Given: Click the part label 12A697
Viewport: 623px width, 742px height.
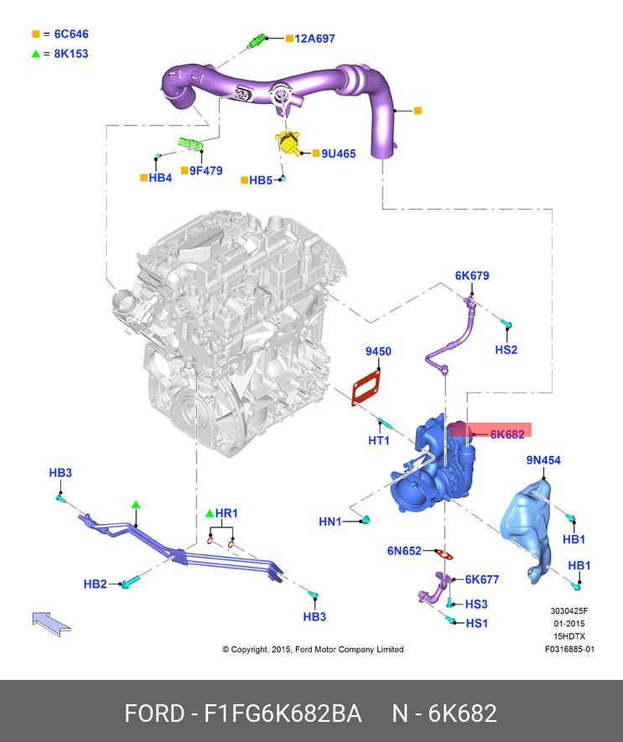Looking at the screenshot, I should pyautogui.click(x=315, y=39).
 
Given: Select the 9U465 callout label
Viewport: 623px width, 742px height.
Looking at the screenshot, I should pyautogui.click(x=339, y=153).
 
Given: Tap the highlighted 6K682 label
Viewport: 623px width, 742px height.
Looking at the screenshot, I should pyautogui.click(x=507, y=433).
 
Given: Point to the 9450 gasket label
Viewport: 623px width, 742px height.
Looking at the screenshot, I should pyautogui.click(x=377, y=351).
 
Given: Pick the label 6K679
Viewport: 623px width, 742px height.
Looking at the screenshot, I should pyautogui.click(x=472, y=275).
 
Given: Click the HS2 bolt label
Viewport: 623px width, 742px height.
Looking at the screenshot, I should pyautogui.click(x=506, y=349).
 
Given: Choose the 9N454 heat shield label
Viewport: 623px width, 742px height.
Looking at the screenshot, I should pyautogui.click(x=543, y=460).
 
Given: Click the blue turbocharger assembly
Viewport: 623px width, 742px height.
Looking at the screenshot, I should pyautogui.click(x=432, y=470).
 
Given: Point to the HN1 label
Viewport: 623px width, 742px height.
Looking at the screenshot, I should pyautogui.click(x=330, y=521).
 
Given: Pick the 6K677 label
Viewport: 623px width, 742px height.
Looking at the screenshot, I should pyautogui.click(x=482, y=579).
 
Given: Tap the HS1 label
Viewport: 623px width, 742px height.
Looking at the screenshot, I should pyautogui.click(x=476, y=623).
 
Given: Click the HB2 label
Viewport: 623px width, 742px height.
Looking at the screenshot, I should pyautogui.click(x=95, y=584).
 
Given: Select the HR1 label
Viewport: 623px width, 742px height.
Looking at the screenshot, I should pyautogui.click(x=226, y=512).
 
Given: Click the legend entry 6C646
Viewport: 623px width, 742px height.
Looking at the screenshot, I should pyautogui.click(x=71, y=34).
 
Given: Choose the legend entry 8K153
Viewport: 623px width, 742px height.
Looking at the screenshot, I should pyautogui.click(x=71, y=53).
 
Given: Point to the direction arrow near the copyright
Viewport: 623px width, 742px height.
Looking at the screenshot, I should pyautogui.click(x=51, y=622).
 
